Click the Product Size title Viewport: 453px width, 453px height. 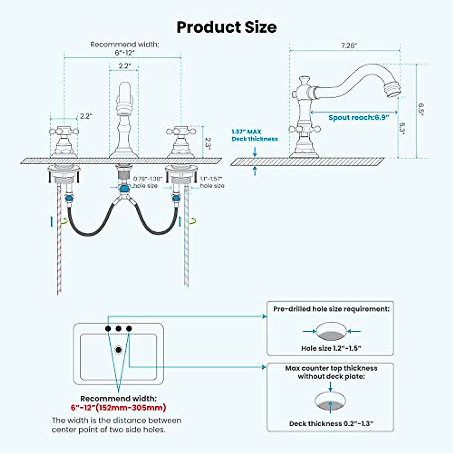(226, 27)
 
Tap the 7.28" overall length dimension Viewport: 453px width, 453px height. (349, 45)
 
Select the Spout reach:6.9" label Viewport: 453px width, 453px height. (359, 117)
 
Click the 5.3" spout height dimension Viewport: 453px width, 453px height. (402, 129)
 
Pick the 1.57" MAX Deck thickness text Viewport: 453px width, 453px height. (254, 135)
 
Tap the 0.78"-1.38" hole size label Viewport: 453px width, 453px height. (148, 182)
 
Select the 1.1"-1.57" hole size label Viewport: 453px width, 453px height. (211, 182)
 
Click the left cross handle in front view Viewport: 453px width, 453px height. (64, 132)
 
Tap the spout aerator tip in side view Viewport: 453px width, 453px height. (393, 89)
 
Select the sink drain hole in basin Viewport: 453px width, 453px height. (119, 350)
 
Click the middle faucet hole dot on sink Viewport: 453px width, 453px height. (119, 328)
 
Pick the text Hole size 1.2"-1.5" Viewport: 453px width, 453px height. (331, 348)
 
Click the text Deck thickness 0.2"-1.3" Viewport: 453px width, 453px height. (331, 424)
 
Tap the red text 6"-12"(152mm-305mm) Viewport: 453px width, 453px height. (118, 408)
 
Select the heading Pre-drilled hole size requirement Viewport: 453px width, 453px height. (331, 309)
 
